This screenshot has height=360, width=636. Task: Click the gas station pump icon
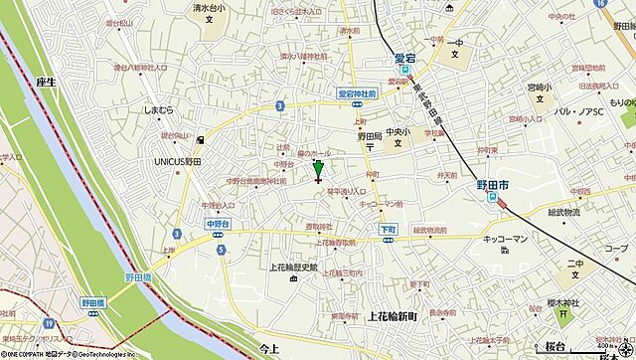point(201,140)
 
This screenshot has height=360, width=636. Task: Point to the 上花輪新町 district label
point(394,315)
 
